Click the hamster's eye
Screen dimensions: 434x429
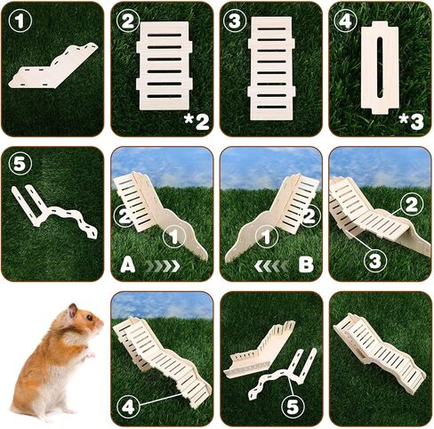(x=90, y=319)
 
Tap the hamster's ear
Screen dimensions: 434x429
(x=72, y=311)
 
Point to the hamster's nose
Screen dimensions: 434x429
(x=101, y=322)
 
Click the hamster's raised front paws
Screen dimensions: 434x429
(x=88, y=353)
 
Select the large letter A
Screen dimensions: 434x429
(x=128, y=265)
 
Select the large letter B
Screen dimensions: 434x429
(x=306, y=265)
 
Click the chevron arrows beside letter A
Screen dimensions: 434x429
(x=163, y=266)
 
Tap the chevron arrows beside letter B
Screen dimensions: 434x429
(x=271, y=266)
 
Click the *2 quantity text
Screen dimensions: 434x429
(x=197, y=122)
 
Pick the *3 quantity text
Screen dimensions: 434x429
(x=412, y=122)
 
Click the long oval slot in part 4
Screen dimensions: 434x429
(x=380, y=68)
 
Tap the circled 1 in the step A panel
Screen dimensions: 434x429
(x=174, y=237)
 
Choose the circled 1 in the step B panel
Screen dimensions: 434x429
(x=267, y=237)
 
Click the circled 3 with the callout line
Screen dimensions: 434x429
(x=375, y=261)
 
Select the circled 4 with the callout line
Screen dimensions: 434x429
(x=128, y=407)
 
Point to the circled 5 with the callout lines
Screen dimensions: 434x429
(x=293, y=407)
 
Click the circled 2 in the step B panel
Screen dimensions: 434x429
(x=310, y=216)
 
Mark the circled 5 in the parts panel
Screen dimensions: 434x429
(x=20, y=164)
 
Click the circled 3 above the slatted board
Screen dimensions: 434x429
(x=235, y=20)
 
